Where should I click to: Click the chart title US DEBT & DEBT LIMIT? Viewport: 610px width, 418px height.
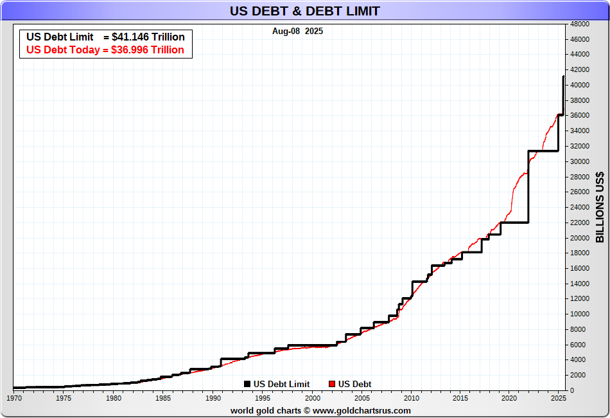[304, 11]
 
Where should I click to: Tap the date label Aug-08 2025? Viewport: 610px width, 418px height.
[297, 31]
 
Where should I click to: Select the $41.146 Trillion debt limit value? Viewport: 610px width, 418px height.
[148, 37]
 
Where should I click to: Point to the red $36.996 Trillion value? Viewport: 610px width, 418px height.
[147, 50]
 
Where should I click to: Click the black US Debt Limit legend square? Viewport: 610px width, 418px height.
[247, 385]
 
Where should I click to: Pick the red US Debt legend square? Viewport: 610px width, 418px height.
[332, 385]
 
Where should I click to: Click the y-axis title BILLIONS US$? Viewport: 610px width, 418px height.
[600, 207]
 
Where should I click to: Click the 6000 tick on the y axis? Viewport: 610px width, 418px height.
[577, 345]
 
